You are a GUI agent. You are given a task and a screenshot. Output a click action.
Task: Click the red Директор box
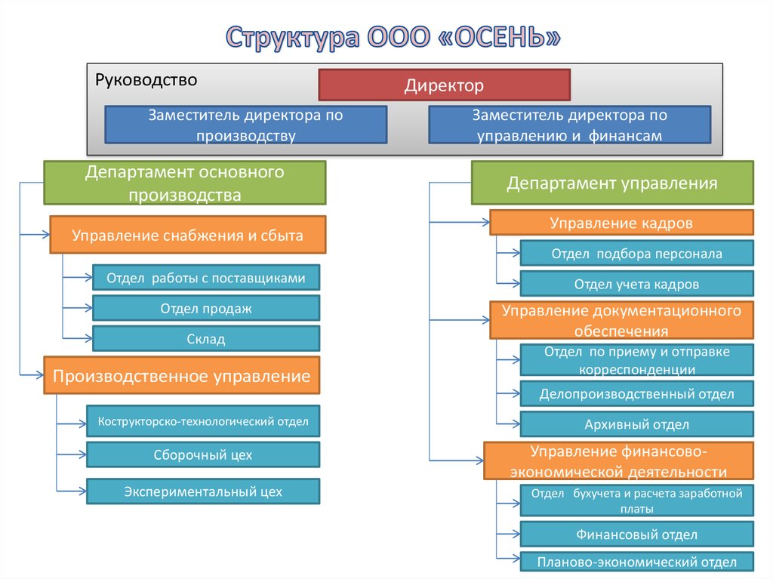point(444,85)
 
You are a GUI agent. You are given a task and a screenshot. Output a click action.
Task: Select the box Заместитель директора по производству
point(245,125)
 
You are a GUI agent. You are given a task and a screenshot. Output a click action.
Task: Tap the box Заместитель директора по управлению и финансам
point(569,125)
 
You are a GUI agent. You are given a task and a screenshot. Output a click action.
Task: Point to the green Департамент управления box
point(612,183)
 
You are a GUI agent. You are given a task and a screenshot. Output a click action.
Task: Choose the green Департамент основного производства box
point(185,183)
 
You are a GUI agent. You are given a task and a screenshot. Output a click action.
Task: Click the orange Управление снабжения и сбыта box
point(187,235)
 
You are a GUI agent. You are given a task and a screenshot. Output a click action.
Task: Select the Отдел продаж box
point(206,308)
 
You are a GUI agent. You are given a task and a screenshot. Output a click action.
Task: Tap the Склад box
point(206,339)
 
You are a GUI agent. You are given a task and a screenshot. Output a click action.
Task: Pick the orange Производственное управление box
point(181,375)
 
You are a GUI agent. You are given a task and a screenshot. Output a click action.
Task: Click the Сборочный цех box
point(203,454)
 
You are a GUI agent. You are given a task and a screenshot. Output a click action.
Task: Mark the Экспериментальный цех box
point(203,491)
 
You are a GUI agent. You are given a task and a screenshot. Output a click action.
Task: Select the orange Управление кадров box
point(621,223)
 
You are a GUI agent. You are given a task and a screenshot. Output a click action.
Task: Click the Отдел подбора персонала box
point(636,253)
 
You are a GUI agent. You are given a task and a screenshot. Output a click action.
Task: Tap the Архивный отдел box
point(636,424)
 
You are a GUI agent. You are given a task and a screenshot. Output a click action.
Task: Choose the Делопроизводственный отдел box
point(636,393)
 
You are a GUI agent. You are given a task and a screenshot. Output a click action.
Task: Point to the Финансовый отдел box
point(636,534)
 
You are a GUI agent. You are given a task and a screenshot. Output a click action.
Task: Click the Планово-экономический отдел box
point(636,562)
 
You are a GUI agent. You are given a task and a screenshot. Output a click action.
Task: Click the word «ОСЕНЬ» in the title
point(498,38)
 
